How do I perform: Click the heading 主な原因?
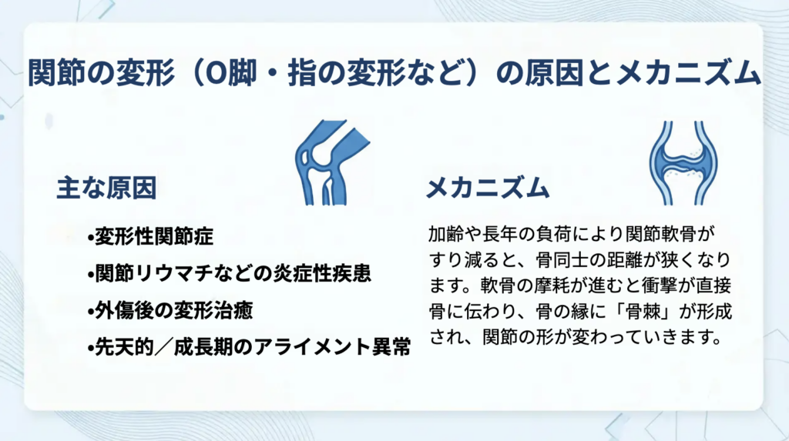[106, 188]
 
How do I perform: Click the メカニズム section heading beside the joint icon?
[488, 188]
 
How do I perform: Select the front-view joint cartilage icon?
[683, 163]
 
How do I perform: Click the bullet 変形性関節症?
[150, 236]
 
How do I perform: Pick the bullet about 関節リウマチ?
[229, 273]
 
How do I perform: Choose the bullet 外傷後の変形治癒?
[170, 311]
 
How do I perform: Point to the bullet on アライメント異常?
[249, 347]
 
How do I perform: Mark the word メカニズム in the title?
[687, 73]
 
